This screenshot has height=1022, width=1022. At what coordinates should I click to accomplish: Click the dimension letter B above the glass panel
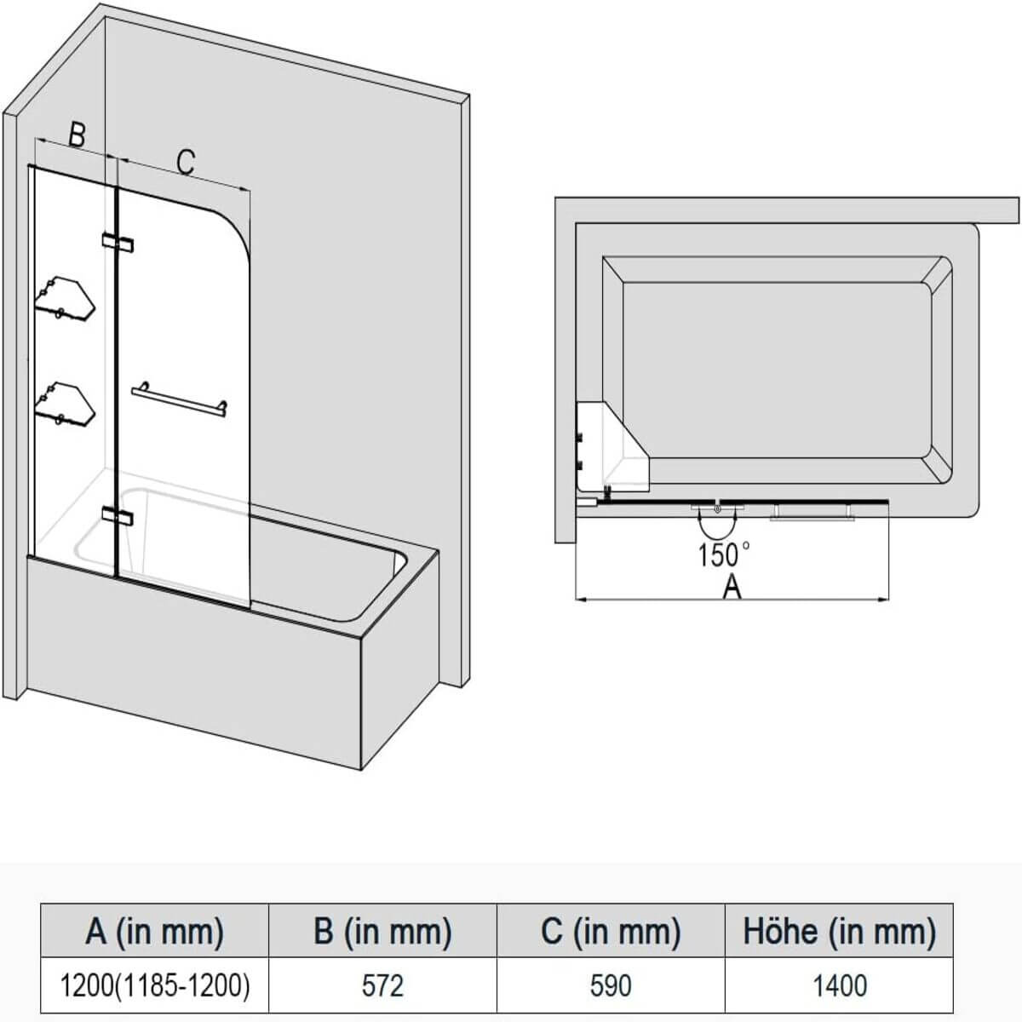pos(77,134)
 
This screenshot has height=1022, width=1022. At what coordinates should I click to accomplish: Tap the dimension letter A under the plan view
pos(732,586)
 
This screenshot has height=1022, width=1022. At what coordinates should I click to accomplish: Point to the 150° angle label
pos(723,555)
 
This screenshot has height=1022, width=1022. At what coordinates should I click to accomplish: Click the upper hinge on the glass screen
pos(117,243)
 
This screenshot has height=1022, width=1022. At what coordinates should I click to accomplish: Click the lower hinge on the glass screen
pos(117,514)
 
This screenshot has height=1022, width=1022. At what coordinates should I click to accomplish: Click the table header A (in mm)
pos(155,931)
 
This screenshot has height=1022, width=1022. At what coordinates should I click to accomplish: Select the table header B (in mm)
pos(382,931)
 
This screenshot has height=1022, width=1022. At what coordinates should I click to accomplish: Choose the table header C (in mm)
pos(611,931)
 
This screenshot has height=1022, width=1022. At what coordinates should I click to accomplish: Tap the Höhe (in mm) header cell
pos(839,931)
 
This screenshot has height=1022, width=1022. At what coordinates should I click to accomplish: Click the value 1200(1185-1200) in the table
pos(155,985)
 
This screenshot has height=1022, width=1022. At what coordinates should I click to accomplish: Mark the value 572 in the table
pos(382,985)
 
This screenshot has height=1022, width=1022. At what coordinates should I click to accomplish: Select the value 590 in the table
pos(611,985)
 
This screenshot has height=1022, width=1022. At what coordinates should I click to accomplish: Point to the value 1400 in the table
pos(839,985)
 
